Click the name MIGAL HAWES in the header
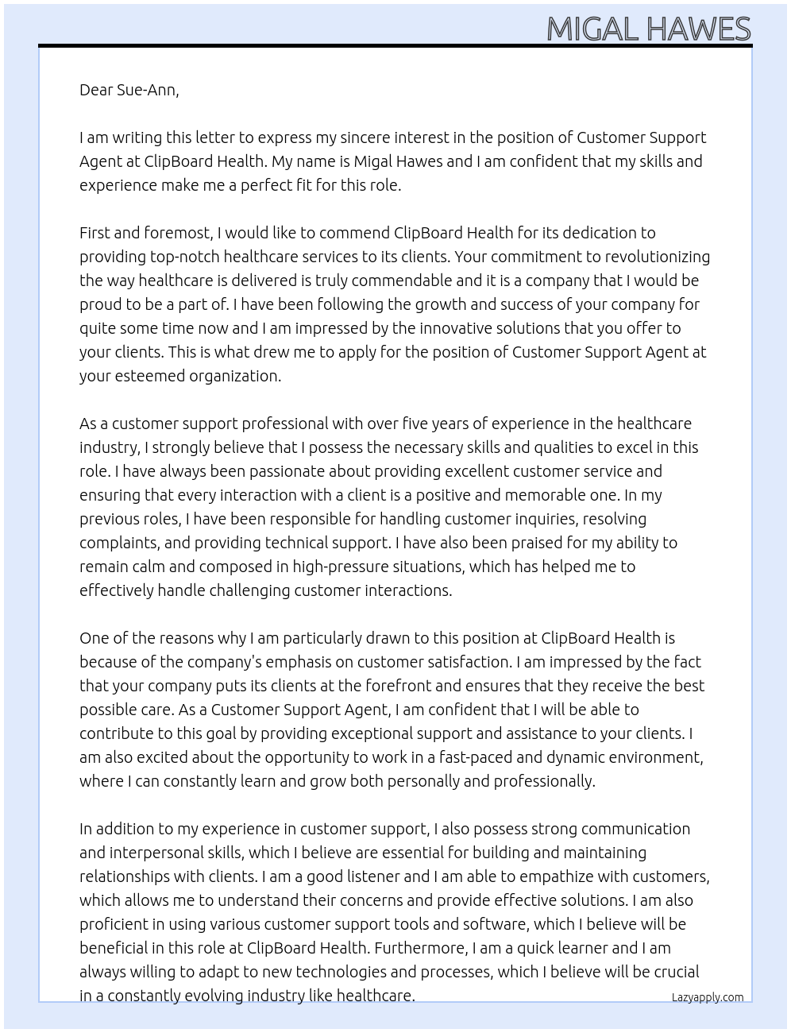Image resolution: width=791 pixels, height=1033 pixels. pyautogui.click(x=648, y=29)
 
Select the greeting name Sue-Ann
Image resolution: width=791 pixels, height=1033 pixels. pyautogui.click(x=147, y=90)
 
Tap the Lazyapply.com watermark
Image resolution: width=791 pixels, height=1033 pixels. pyautogui.click(x=707, y=997)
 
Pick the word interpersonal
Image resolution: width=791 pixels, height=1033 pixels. pyautogui.click(x=158, y=853)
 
